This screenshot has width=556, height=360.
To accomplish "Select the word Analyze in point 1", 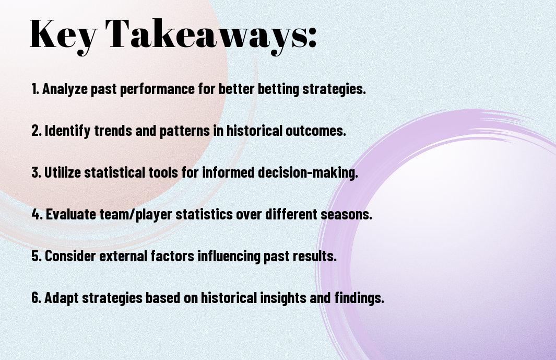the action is click(x=65, y=89).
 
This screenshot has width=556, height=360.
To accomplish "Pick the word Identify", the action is click(x=68, y=131).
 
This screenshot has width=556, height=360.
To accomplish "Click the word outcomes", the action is click(x=315, y=130).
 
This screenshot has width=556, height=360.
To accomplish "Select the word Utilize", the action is click(x=63, y=172).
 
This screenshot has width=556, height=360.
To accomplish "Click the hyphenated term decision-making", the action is click(x=308, y=173).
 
